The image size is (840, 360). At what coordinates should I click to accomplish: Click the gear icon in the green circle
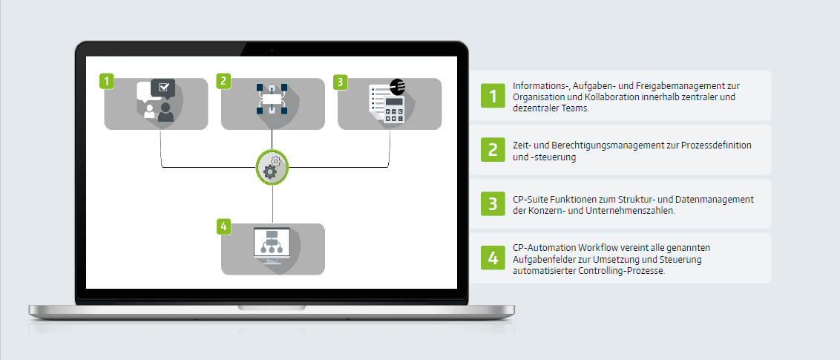272,168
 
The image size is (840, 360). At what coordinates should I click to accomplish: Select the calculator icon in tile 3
394,108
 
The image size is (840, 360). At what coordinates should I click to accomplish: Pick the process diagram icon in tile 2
272,99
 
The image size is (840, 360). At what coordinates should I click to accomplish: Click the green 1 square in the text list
493,96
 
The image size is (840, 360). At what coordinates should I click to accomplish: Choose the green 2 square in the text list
493,150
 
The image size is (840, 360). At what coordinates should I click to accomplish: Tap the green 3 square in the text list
493,203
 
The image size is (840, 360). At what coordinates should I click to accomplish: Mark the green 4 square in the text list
493,258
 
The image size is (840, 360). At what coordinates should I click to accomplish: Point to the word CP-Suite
531,199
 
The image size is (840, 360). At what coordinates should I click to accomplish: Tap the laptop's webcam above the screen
272,50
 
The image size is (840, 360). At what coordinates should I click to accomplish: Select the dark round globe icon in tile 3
397,86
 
